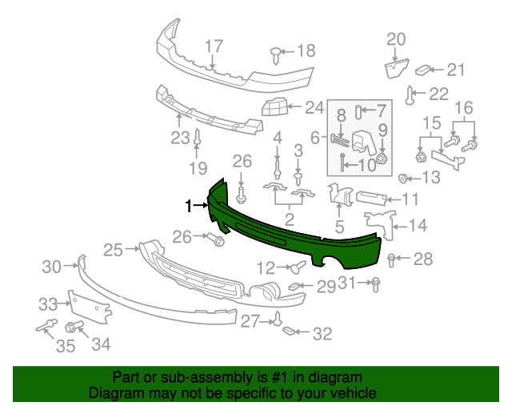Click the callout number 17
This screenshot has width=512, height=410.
point(214,46)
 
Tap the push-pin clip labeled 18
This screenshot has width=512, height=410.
point(275,53)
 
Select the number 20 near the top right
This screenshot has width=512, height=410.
point(397,38)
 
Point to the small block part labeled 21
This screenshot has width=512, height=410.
point(426,70)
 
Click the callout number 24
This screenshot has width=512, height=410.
point(314,107)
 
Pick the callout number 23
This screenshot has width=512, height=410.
point(179,138)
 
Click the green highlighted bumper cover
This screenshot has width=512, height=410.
point(296,232)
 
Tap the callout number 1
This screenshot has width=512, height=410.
point(190,207)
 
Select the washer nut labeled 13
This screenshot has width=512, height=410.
point(404,177)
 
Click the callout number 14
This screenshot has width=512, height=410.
point(418,226)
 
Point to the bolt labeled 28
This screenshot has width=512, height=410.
point(391,259)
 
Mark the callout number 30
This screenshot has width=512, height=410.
point(51,267)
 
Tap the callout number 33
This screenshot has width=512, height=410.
point(49,303)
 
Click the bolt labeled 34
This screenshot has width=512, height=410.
point(73,327)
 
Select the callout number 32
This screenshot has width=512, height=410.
point(322,334)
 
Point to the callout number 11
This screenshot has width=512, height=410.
point(410,199)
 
